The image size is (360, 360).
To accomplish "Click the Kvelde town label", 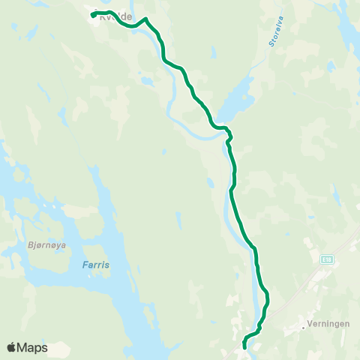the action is point(116,17).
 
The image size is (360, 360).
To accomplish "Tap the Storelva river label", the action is point(273,33).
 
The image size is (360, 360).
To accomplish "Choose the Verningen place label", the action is point(328,326).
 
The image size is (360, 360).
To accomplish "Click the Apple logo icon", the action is point(12,348).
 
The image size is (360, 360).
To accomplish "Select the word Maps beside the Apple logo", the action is point(33,348).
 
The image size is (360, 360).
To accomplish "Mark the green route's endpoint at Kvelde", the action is point(93,15).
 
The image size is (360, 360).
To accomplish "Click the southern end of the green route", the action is point(245,347).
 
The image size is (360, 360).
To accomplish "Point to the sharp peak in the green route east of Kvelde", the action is point(145,19).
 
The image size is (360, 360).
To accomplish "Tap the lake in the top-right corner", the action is point(346,30).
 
